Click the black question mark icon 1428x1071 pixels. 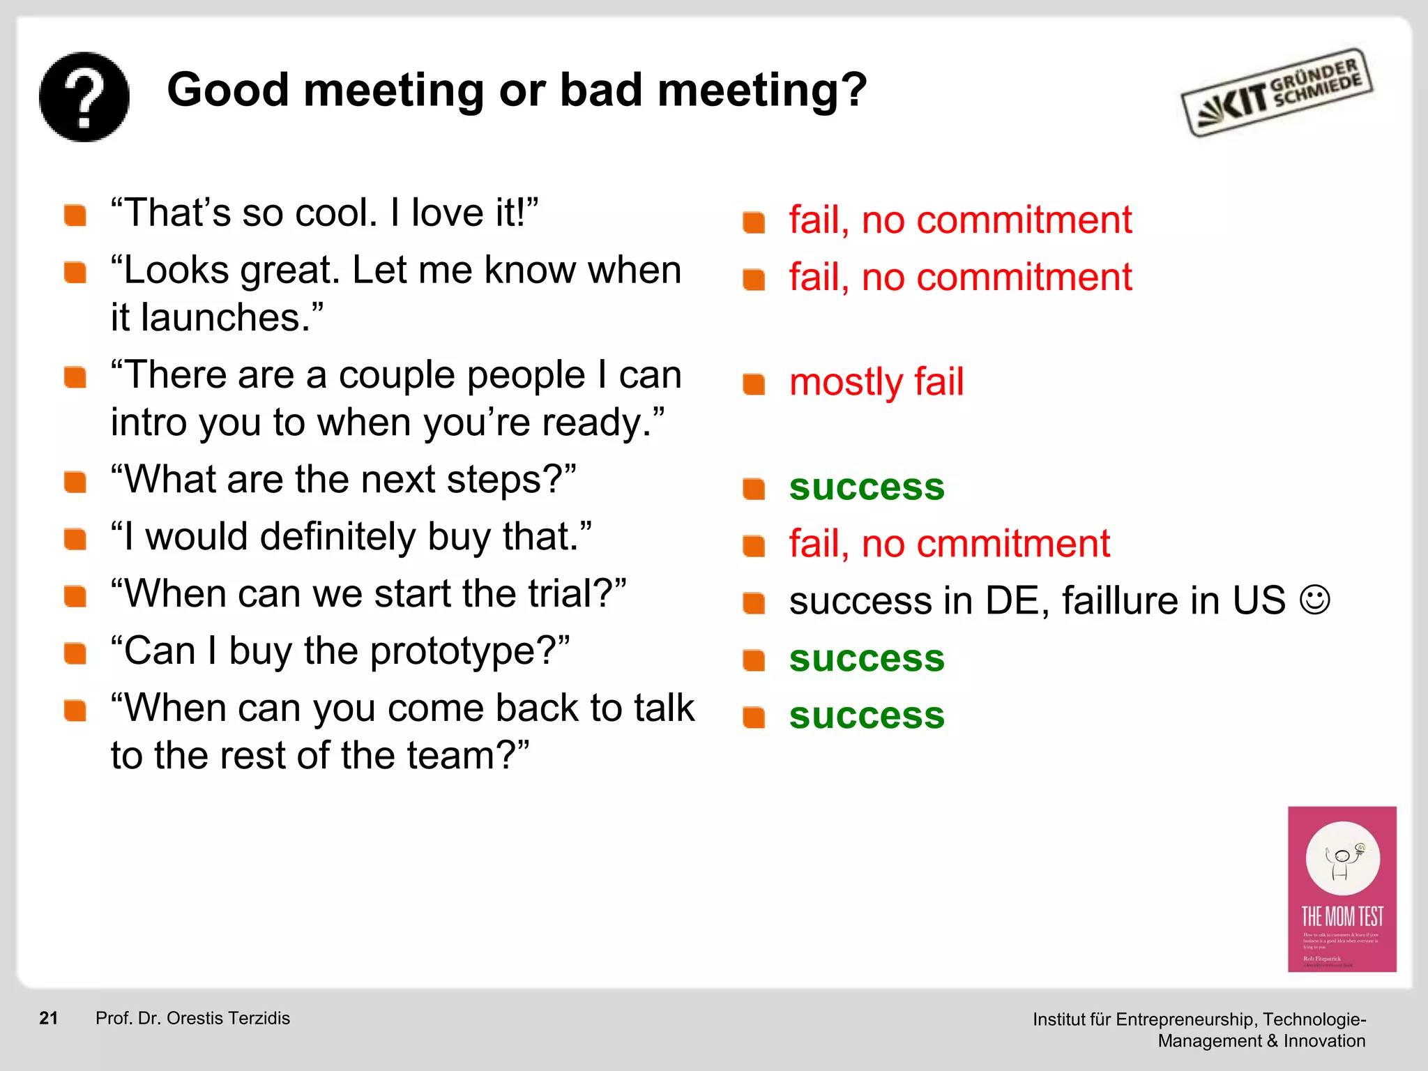pos(84,97)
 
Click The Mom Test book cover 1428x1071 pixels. pos(1342,888)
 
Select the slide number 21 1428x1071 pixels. pos(48,1018)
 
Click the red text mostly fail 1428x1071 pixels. pos(876,382)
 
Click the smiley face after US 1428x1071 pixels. pos(1315,600)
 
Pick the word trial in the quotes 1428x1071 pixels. pos(565,594)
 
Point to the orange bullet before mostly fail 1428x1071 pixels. pos(754,384)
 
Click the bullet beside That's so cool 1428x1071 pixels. pos(75,215)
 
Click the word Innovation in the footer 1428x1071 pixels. pos(1324,1041)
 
